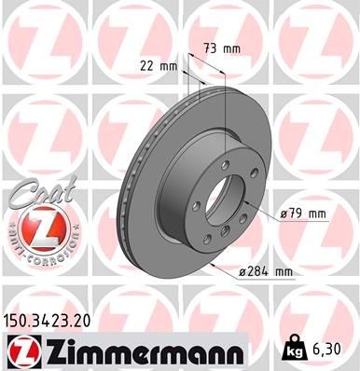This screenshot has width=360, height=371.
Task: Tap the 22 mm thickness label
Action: pos(159,65)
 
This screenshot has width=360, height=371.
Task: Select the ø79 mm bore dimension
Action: pos(304,214)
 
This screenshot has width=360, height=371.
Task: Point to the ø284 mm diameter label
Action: pos(267,271)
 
